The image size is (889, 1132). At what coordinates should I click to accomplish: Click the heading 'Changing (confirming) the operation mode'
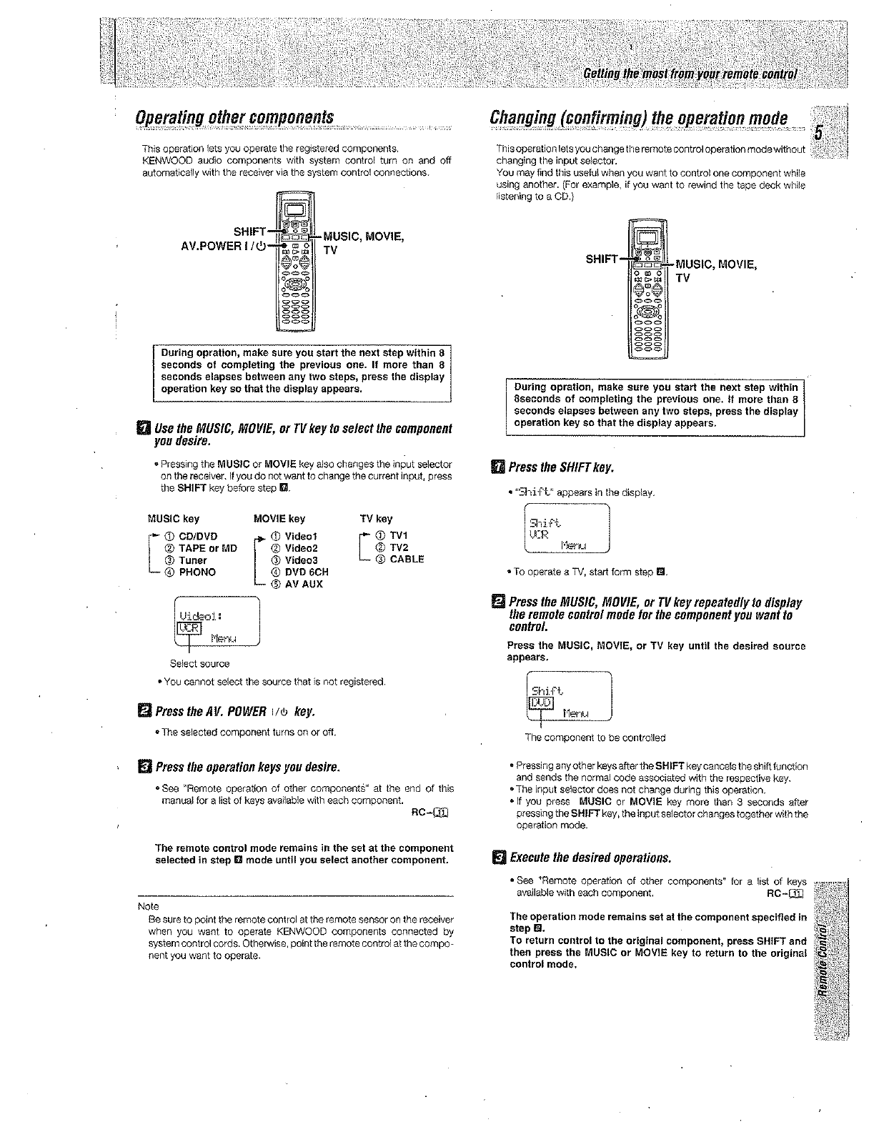[x=639, y=118]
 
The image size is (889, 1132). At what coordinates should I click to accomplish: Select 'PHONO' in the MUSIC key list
[x=197, y=572]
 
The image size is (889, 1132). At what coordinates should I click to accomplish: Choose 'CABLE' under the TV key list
[x=407, y=560]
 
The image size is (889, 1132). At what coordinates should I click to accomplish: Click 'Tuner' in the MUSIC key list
[x=192, y=560]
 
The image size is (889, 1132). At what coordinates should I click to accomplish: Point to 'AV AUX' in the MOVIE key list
[x=304, y=584]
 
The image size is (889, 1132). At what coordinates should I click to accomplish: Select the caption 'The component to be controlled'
[x=595, y=738]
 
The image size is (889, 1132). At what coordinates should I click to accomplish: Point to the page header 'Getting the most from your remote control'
[x=691, y=76]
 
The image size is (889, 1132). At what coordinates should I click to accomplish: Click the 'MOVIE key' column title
[x=279, y=519]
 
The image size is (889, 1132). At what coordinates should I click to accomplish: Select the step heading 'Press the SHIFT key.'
[x=561, y=467]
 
